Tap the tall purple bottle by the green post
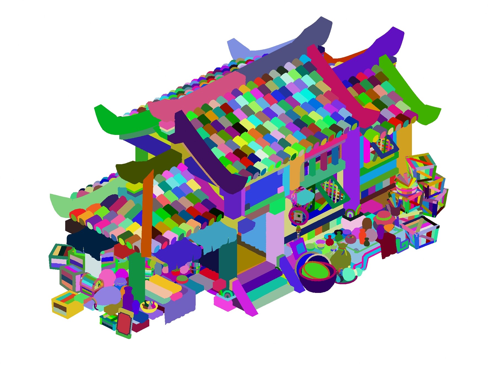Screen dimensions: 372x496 point(128,299)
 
